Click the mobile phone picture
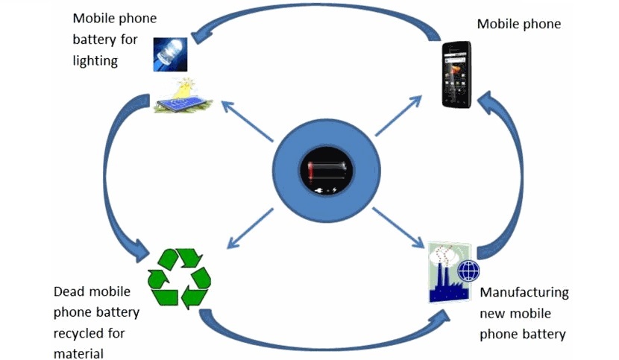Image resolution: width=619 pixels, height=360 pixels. pyautogui.click(x=457, y=74)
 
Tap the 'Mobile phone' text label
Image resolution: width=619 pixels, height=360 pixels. pyautogui.click(x=518, y=24)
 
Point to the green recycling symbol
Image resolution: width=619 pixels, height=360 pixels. pyautogui.click(x=180, y=278)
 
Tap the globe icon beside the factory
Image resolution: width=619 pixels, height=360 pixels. pyautogui.click(x=468, y=271)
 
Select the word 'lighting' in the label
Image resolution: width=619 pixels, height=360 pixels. pyautogui.click(x=95, y=60)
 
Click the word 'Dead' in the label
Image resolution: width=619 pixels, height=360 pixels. pyautogui.click(x=70, y=291)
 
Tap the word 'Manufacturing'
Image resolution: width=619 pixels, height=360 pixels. pyautogui.click(x=524, y=292)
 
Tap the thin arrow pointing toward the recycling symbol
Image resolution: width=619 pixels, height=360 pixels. pyautogui.click(x=251, y=227)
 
